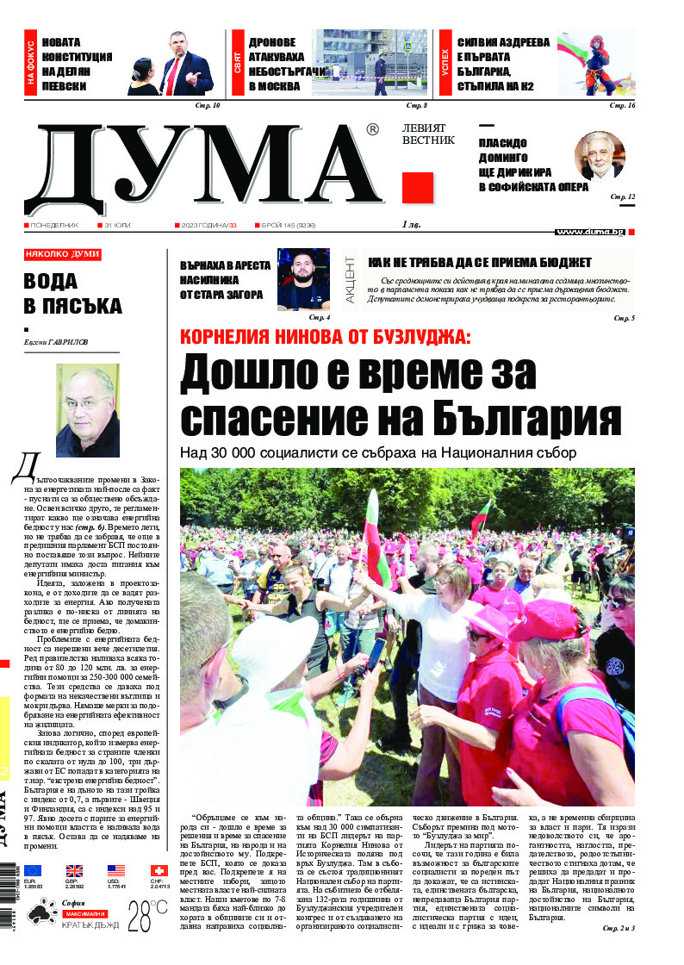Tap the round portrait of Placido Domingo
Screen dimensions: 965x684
tap(599, 156)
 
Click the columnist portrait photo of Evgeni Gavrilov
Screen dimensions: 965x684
tap(87, 410)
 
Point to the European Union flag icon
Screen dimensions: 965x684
tap(32, 871)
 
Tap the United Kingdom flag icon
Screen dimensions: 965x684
tap(75, 871)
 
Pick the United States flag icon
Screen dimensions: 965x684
tap(116, 871)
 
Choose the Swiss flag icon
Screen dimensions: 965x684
tap(159, 871)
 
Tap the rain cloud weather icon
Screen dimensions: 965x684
tap(41, 914)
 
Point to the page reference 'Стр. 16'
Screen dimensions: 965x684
tap(622, 105)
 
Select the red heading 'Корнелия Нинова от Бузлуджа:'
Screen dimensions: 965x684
tap(325, 338)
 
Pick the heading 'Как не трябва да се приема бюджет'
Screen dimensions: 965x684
tap(480, 262)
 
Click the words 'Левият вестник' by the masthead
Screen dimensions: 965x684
tap(428, 134)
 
